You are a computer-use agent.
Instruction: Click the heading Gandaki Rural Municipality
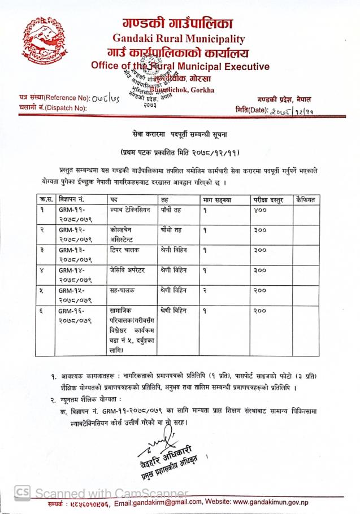[179, 39]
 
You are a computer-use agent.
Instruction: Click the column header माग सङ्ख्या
[222, 199]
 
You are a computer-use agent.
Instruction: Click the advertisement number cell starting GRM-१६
[75, 315]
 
